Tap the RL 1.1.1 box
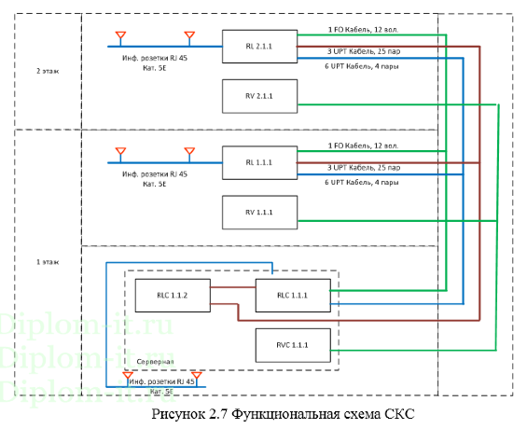[x=259, y=162]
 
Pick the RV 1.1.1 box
[x=259, y=213]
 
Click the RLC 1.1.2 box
[x=172, y=295]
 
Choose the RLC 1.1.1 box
[x=293, y=295]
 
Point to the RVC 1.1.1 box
[x=293, y=345]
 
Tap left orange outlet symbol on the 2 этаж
[x=119, y=36]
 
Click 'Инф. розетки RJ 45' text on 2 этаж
[x=155, y=58]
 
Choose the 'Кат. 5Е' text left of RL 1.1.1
[x=155, y=185]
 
